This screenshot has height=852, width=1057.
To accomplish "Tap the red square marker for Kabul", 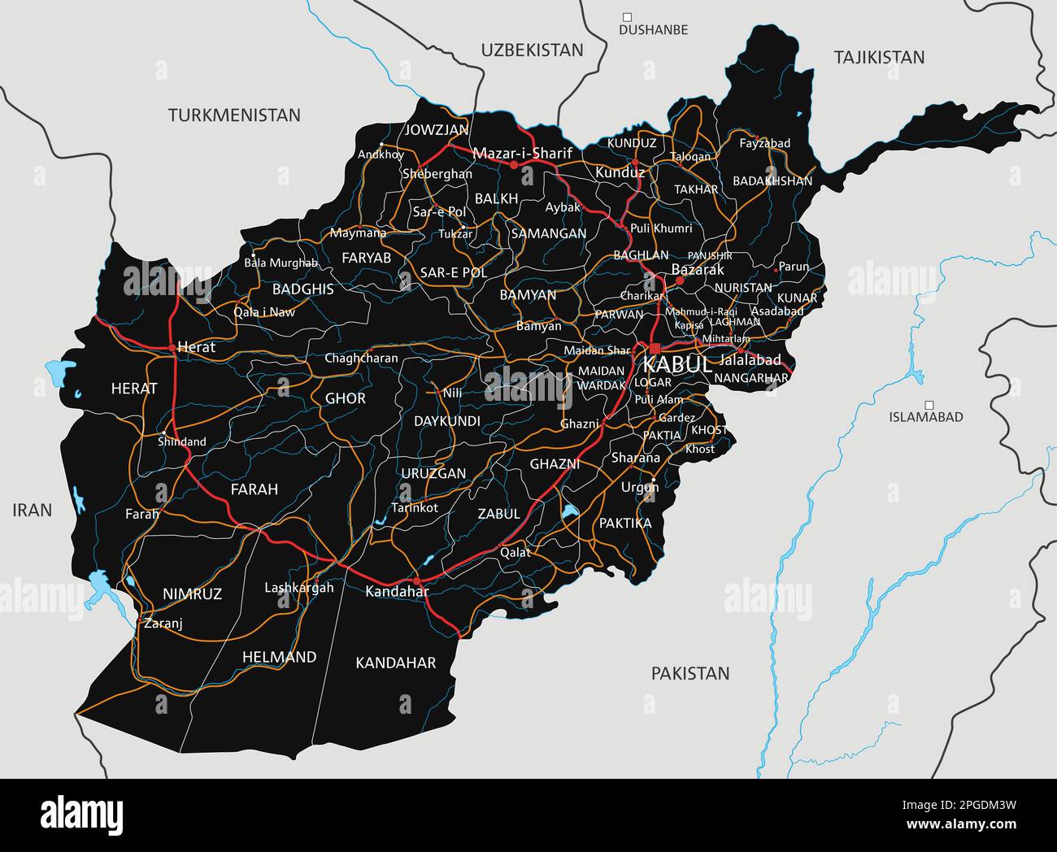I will click(x=655, y=348).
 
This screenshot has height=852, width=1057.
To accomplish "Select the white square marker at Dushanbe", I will click(x=627, y=16).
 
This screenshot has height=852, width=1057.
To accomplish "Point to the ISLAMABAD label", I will click(x=926, y=417).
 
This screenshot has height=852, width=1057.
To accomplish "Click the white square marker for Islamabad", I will click(x=929, y=404).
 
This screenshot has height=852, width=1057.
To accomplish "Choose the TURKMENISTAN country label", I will click(x=234, y=115).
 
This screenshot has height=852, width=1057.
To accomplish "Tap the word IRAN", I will click(x=33, y=511).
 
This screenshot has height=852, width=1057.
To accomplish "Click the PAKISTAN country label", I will click(x=689, y=673).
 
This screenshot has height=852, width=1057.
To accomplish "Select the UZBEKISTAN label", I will click(x=532, y=50).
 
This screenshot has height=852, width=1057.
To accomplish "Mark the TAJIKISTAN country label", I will click(x=879, y=57).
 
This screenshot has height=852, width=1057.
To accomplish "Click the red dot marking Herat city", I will click(x=172, y=348).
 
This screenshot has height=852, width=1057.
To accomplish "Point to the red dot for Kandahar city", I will click(x=416, y=581).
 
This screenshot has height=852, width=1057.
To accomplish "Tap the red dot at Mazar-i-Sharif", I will click(x=514, y=164).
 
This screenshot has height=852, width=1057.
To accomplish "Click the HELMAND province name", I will click(x=279, y=657).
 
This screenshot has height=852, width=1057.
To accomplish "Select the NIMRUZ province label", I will click(x=192, y=594).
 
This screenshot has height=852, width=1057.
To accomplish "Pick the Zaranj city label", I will click(x=163, y=624).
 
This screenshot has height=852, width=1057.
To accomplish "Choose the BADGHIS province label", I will click(x=302, y=289).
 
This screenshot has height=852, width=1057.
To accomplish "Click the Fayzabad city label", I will click(x=764, y=143).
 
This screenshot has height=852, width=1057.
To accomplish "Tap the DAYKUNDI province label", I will click(x=447, y=421).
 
